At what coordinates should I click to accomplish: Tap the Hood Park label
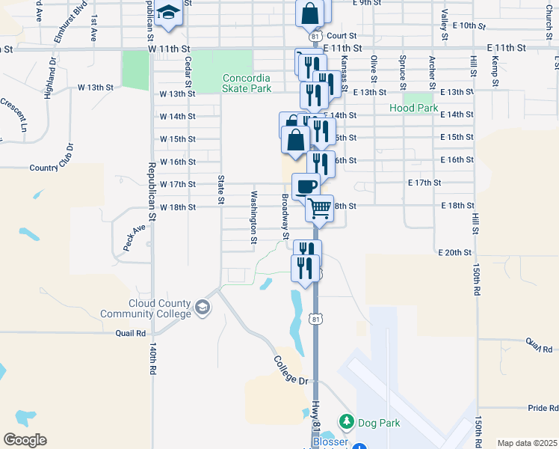pyautogui.click(x=413, y=109)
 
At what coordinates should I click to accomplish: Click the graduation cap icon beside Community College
pyautogui.click(x=202, y=308)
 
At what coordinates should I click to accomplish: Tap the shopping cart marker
pyautogui.click(x=320, y=209)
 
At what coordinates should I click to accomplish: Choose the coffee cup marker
pyautogui.click(x=305, y=186)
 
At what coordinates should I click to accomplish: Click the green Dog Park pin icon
pyautogui.click(x=347, y=423)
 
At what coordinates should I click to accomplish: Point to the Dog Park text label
pyautogui.click(x=379, y=424)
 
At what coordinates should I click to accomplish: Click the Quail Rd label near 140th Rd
pyautogui.click(x=130, y=333)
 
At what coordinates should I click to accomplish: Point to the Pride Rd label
pyautogui.click(x=543, y=408)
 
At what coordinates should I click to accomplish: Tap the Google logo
pyautogui.click(x=25, y=440)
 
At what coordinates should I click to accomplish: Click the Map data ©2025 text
pyautogui.click(x=526, y=443)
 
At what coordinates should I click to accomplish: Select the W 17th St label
pyautogui.click(x=177, y=184)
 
